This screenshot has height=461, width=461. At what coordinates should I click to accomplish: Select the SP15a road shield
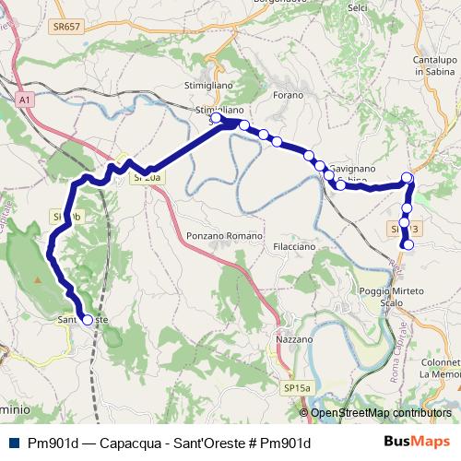pyautogui.click(x=296, y=389)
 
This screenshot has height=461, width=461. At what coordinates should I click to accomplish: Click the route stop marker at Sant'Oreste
pyautogui.click(x=87, y=320)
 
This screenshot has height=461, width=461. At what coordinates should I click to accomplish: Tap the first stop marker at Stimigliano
pyautogui.click(x=216, y=118)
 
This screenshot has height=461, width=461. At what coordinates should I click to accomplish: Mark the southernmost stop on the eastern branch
pyautogui.click(x=408, y=244)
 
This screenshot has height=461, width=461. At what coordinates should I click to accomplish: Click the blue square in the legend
pyautogui.click(x=13, y=443)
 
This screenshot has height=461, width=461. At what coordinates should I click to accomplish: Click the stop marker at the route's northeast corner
pyautogui.click(x=408, y=177)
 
